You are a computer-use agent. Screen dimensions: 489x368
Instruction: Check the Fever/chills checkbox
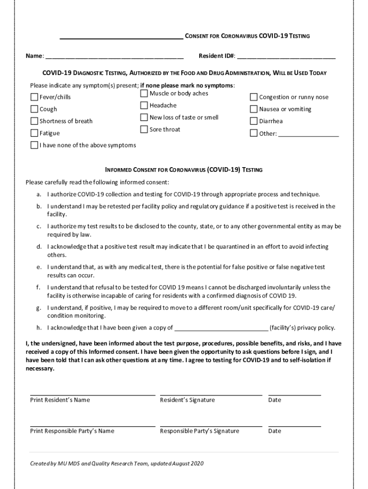pyautogui.click(x=34, y=97)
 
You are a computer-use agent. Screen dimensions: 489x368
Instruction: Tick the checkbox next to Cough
pyautogui.click(x=34, y=109)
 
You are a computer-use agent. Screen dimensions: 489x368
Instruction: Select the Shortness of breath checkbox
pyautogui.click(x=34, y=121)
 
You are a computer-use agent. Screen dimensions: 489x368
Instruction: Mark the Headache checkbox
pyautogui.click(x=144, y=106)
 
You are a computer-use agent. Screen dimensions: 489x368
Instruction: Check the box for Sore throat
pyautogui.click(x=144, y=129)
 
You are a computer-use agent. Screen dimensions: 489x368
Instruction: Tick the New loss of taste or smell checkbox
pyautogui.click(x=144, y=117)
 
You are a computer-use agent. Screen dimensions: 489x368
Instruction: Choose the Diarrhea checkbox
pyautogui.click(x=254, y=121)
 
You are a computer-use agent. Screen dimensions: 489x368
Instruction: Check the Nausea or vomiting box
pyautogui.click(x=254, y=109)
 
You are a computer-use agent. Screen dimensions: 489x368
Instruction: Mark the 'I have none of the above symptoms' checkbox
pyautogui.click(x=34, y=145)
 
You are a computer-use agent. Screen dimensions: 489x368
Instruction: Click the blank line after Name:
pyautogui.click(x=115, y=56)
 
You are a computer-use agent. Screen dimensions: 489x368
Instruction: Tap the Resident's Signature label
pyautogui.click(x=187, y=400)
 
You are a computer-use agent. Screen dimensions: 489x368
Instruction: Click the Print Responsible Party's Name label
pyautogui.click(x=72, y=431)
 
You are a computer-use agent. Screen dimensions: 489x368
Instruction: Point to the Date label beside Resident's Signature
pyautogui.click(x=275, y=400)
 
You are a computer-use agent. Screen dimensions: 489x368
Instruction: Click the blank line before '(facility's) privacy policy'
pyautogui.click(x=222, y=328)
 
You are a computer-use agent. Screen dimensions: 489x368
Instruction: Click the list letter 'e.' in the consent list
pyautogui.click(x=39, y=267)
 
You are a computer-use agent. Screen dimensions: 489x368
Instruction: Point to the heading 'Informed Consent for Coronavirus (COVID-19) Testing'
pyautogui.click(x=184, y=170)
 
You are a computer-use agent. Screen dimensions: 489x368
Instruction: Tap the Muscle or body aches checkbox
pyautogui.click(x=144, y=94)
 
